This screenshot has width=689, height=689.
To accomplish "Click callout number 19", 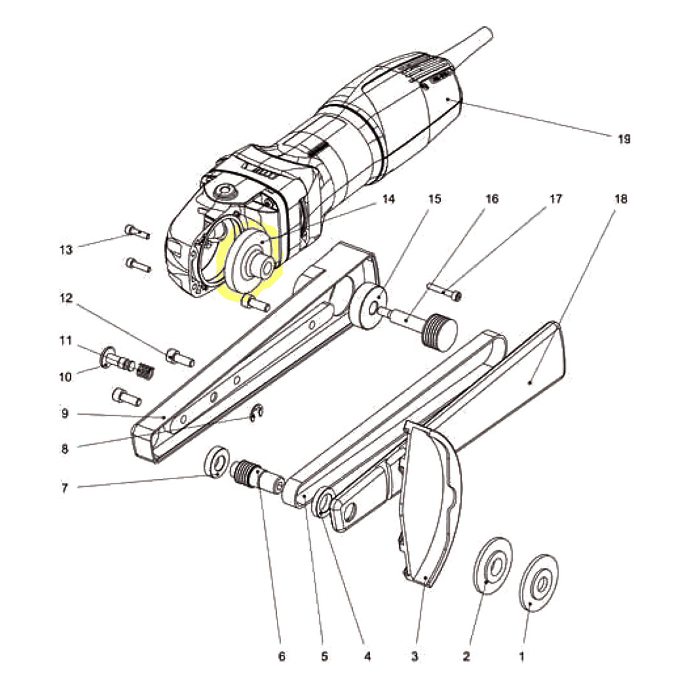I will [x=623, y=138].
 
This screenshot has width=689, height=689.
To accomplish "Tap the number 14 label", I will [x=389, y=199].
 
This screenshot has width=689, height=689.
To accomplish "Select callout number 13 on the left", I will [x=66, y=249].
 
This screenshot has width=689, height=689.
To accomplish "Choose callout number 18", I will [x=621, y=199].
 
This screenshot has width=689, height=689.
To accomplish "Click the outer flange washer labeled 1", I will [x=539, y=583].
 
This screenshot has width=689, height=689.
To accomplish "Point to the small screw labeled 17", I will [x=446, y=291].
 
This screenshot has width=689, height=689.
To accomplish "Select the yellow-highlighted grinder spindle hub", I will [x=249, y=258].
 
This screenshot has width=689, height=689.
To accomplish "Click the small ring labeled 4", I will [x=322, y=503].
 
